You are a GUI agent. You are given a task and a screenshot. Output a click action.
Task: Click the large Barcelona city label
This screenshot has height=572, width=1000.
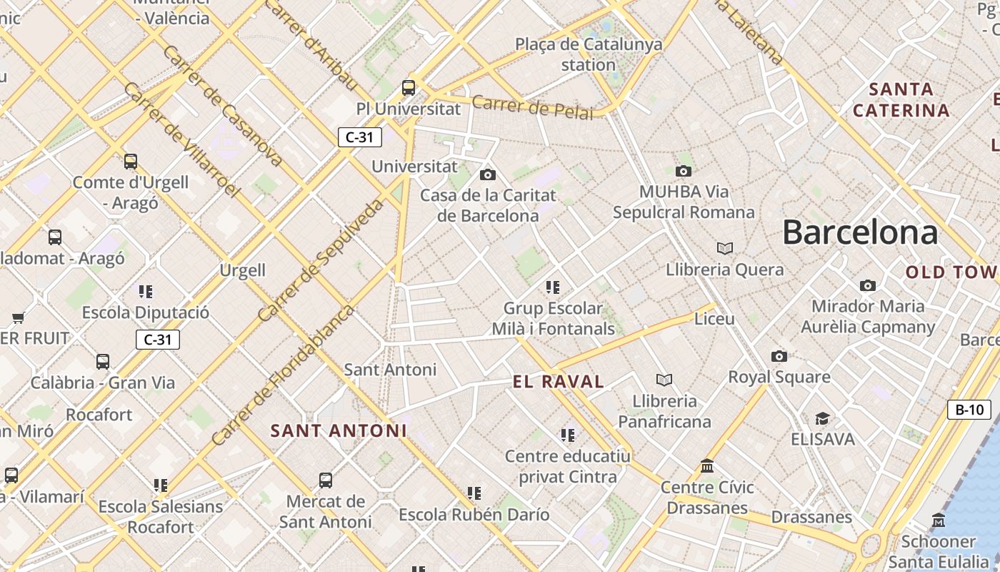tap(860, 233)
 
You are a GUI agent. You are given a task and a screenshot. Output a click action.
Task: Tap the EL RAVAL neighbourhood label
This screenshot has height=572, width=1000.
tap(559, 382)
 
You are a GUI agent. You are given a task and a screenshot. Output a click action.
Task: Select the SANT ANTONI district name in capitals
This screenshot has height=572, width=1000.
tap(339, 431)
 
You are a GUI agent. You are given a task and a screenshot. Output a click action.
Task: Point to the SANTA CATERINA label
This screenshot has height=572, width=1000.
tap(901, 100)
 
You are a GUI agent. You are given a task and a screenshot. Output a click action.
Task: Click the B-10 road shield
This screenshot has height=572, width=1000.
tap(969, 410)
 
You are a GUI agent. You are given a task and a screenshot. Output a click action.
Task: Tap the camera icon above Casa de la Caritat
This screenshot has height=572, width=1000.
tap(488, 174)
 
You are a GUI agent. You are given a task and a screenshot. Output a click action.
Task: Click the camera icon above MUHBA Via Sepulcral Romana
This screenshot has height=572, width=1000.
tap(684, 172)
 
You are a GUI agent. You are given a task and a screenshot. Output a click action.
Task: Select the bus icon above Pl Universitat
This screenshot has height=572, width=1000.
tap(409, 88)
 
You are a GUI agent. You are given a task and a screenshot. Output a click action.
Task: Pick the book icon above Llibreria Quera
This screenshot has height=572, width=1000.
tap(725, 249)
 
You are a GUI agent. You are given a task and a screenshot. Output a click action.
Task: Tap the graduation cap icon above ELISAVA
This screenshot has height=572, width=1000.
tap(823, 418)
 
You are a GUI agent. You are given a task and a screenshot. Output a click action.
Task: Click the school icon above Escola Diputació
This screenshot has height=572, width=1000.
tap(146, 292)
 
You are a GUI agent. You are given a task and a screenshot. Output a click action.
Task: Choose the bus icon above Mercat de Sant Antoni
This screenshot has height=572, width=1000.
tap(326, 480)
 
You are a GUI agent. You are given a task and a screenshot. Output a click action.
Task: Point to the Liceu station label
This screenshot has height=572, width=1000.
tap(714, 319)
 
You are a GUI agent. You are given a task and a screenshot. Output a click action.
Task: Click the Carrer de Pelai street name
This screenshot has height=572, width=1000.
tap(532, 107)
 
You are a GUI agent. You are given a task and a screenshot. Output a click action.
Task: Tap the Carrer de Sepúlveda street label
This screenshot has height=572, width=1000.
tap(320, 260)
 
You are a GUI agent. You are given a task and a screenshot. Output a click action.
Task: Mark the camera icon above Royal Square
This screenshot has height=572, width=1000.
tap(779, 356)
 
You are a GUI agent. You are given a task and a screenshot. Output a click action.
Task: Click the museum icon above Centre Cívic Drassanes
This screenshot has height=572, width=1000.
tap(707, 466)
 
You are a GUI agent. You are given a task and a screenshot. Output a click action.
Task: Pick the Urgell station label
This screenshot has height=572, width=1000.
tap(243, 271)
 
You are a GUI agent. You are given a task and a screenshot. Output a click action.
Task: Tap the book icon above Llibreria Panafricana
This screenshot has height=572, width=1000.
tap(664, 380)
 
